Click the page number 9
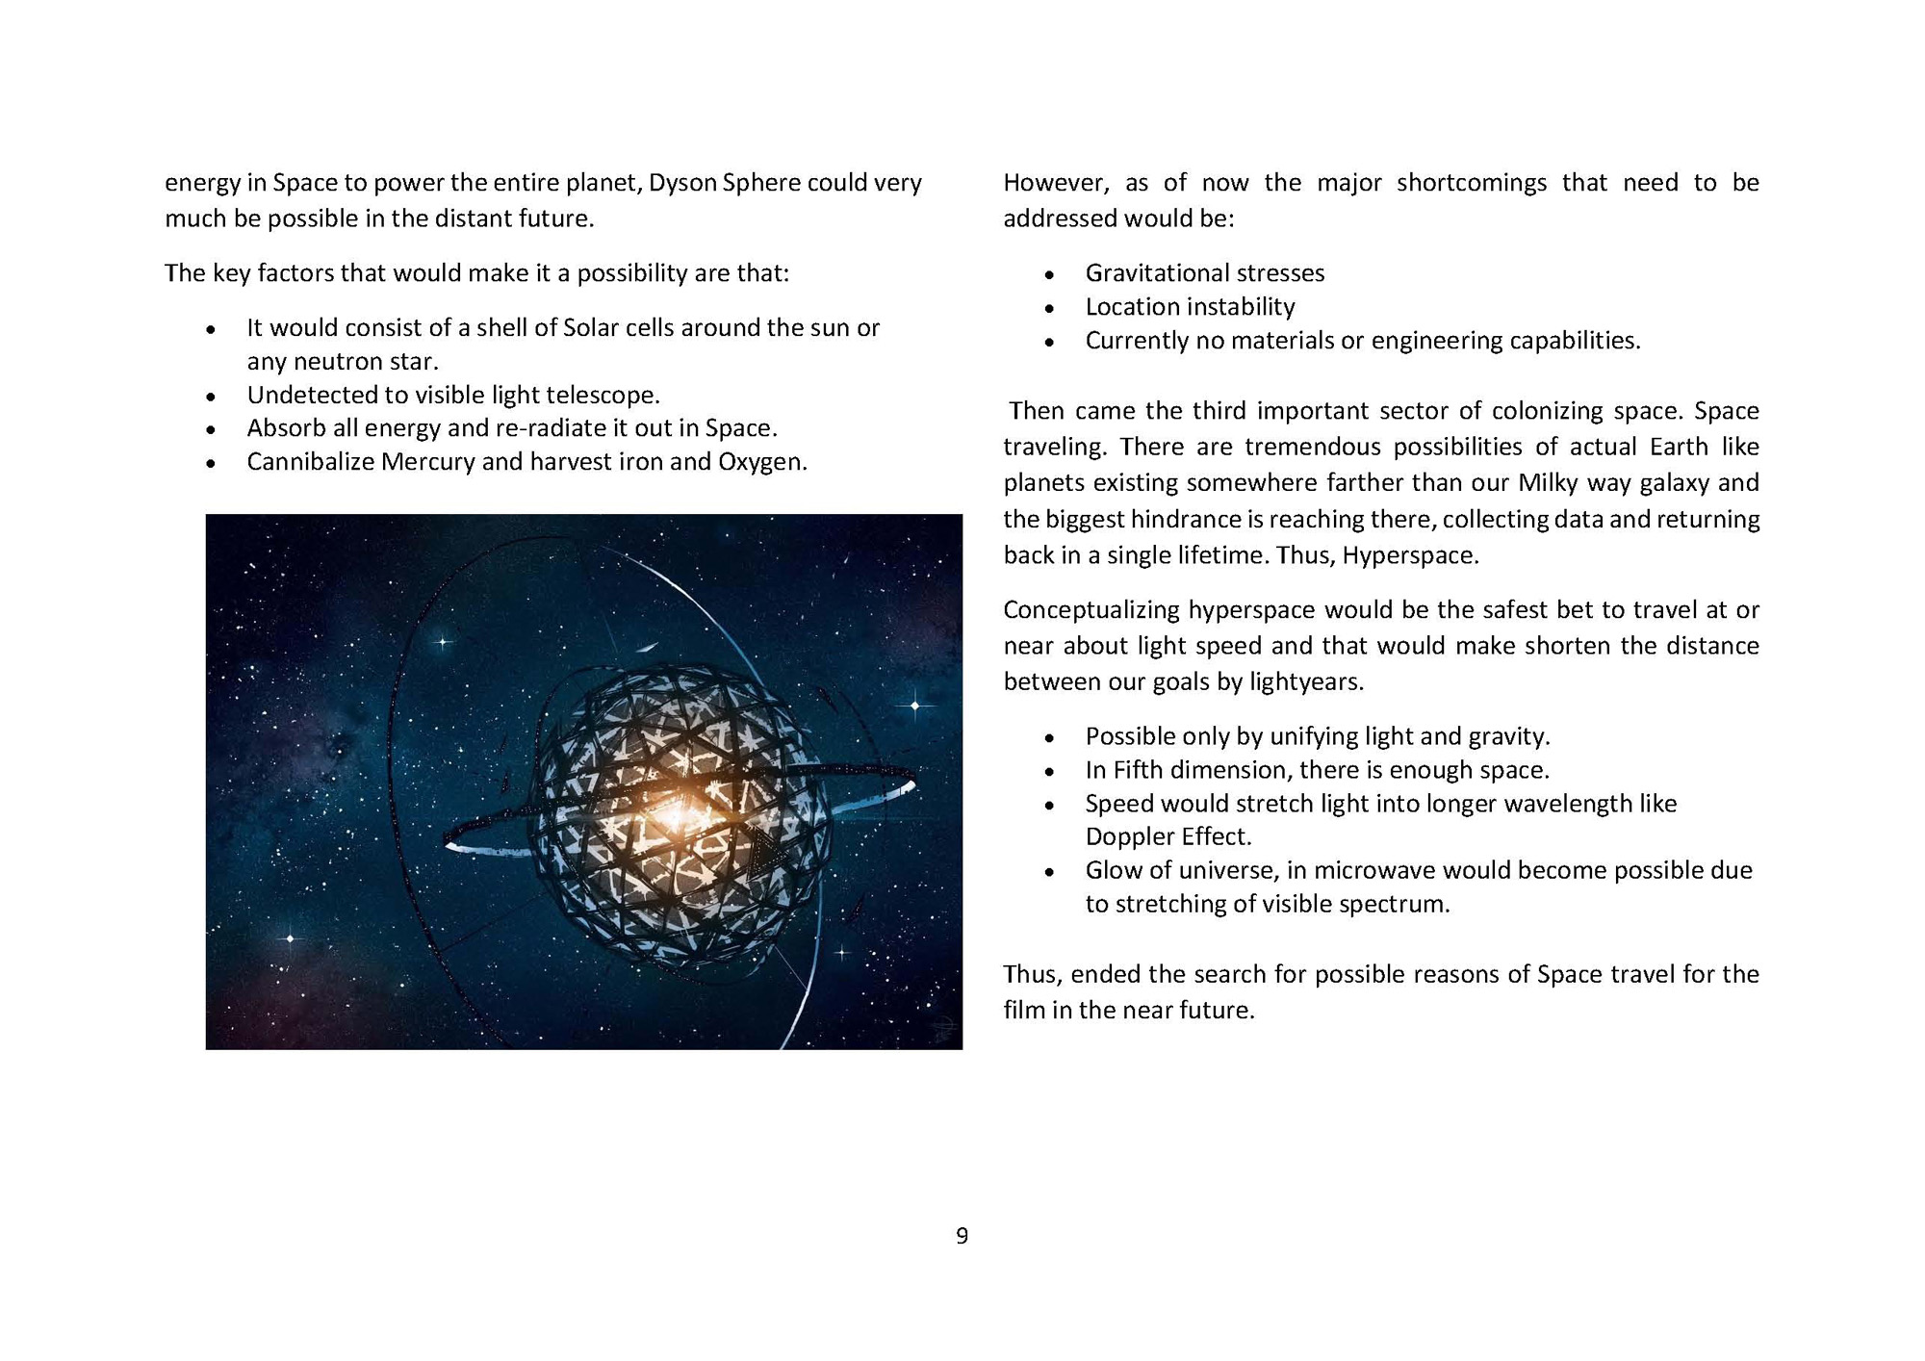(962, 1236)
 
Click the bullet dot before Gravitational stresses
(1049, 275)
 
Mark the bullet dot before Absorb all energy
(211, 430)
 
